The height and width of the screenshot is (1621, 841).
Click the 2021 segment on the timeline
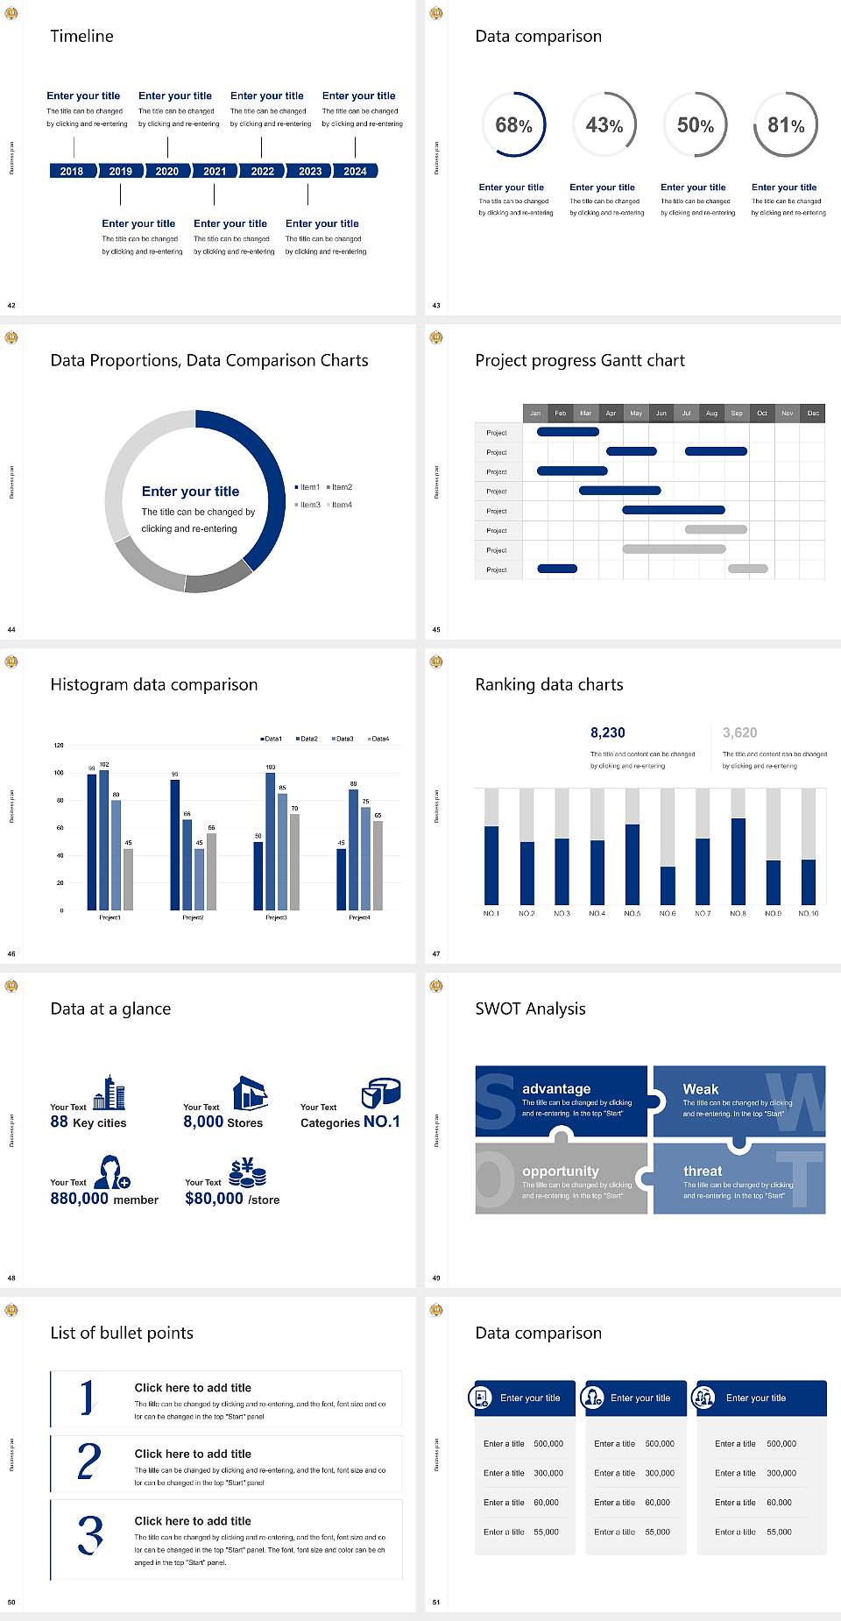pyautogui.click(x=215, y=171)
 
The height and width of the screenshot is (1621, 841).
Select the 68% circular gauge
pyautogui.click(x=514, y=124)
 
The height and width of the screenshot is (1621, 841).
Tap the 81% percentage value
pyautogui.click(x=786, y=125)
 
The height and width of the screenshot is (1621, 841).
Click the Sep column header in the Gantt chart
pyautogui.click(x=737, y=413)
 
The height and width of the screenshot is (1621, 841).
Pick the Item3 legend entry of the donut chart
pyautogui.click(x=309, y=505)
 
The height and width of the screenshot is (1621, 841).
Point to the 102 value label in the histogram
pyautogui.click(x=104, y=765)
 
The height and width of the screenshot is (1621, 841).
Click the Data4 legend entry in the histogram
pyautogui.click(x=378, y=739)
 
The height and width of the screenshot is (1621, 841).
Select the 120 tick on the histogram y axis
pyautogui.click(x=59, y=746)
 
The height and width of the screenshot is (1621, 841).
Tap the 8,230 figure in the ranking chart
pyautogui.click(x=608, y=733)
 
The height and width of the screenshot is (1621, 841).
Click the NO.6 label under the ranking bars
pyautogui.click(x=668, y=913)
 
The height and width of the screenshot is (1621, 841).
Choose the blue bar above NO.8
pyautogui.click(x=739, y=860)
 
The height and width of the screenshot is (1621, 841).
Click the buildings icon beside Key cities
pyautogui.click(x=110, y=1093)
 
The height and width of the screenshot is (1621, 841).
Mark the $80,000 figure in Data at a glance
pyautogui.click(x=214, y=1198)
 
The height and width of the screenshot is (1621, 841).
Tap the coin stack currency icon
pyautogui.click(x=247, y=1172)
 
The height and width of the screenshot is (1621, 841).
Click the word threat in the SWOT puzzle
pyautogui.click(x=703, y=1171)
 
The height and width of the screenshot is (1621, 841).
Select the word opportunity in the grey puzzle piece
pyautogui.click(x=561, y=1171)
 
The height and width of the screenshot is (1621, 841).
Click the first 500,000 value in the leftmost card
pyautogui.click(x=548, y=1443)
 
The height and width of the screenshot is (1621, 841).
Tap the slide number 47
pyautogui.click(x=436, y=953)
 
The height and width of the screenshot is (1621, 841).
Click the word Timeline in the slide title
pyautogui.click(x=81, y=36)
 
